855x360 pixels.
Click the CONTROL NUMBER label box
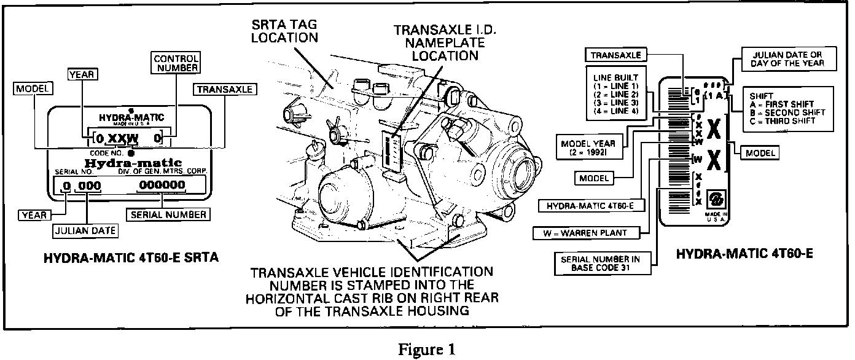(x=175, y=63)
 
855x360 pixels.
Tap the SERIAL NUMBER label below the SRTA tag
(x=166, y=214)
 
